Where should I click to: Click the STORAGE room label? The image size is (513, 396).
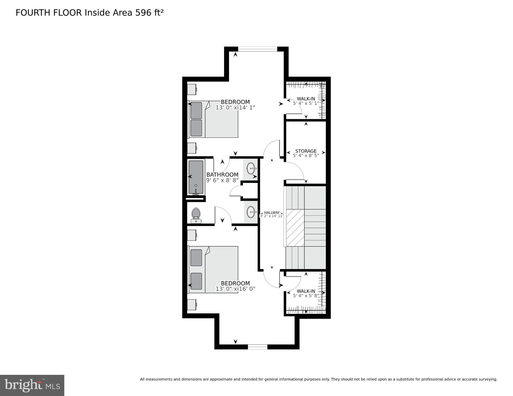(306, 151)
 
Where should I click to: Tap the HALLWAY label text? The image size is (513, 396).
(272, 213)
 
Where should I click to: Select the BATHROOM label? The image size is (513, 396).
(222, 175)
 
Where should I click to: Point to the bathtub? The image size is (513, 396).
(196, 177)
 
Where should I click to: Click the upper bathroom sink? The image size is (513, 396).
(251, 169)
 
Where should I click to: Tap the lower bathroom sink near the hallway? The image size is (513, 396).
(251, 212)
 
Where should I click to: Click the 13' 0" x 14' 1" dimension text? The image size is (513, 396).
(235, 108)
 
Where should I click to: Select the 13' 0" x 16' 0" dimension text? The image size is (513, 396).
(235, 289)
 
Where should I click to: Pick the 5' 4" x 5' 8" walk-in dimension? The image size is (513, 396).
(306, 296)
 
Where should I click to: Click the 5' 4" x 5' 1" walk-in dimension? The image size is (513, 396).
(306, 103)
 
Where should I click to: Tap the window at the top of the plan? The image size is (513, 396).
(257, 49)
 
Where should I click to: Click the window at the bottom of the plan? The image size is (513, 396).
(257, 347)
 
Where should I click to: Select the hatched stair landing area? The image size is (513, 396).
(295, 228)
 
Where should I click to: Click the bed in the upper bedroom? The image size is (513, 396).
(213, 119)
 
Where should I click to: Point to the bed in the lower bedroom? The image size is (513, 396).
(213, 270)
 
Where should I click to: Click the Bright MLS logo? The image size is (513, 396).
(32, 385)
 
